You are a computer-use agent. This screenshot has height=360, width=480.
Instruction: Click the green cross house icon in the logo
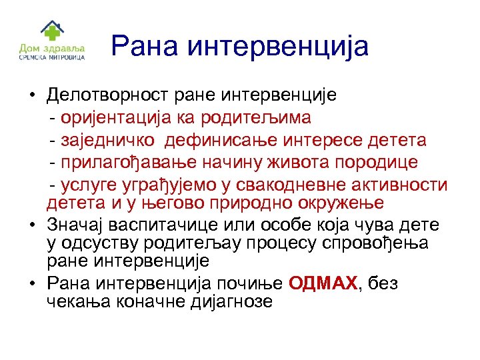51,31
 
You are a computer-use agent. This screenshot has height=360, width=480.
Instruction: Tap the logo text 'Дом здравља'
51,48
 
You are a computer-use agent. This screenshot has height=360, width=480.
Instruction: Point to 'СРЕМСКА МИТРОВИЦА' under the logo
51,57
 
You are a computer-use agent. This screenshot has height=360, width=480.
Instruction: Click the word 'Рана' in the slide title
143,46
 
